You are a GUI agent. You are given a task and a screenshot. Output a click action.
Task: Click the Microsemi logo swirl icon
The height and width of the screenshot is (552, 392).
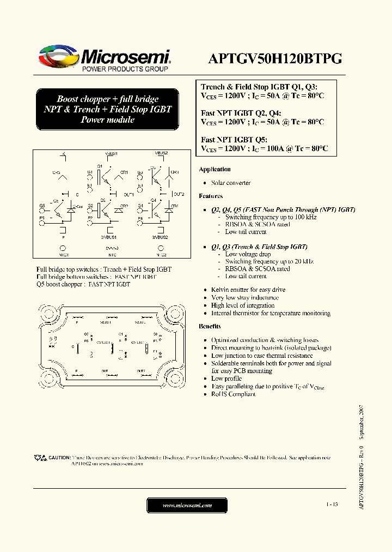[58, 57]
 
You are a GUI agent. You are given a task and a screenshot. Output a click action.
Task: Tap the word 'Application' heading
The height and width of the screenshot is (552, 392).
[215, 170]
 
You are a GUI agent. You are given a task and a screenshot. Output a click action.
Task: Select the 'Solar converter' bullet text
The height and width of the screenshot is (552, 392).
[231, 183]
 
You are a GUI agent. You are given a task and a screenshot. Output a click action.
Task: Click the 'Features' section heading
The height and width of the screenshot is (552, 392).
[211, 196]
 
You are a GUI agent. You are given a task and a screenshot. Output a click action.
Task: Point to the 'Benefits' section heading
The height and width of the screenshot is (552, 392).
[210, 326]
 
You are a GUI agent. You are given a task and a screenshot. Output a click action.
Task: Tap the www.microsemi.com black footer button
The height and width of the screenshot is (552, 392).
[187, 506]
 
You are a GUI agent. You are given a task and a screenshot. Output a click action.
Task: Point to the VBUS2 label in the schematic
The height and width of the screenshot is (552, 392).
[162, 154]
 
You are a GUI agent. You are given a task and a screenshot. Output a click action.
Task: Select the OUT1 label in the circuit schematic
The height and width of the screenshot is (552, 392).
[128, 194]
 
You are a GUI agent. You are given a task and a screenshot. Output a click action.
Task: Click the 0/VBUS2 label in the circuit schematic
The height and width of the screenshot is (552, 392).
[160, 237]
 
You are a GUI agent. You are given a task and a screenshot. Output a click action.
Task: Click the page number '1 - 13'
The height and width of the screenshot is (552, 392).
[332, 505]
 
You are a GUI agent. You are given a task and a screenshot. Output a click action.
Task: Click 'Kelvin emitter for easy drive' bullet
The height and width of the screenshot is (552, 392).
[248, 290]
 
